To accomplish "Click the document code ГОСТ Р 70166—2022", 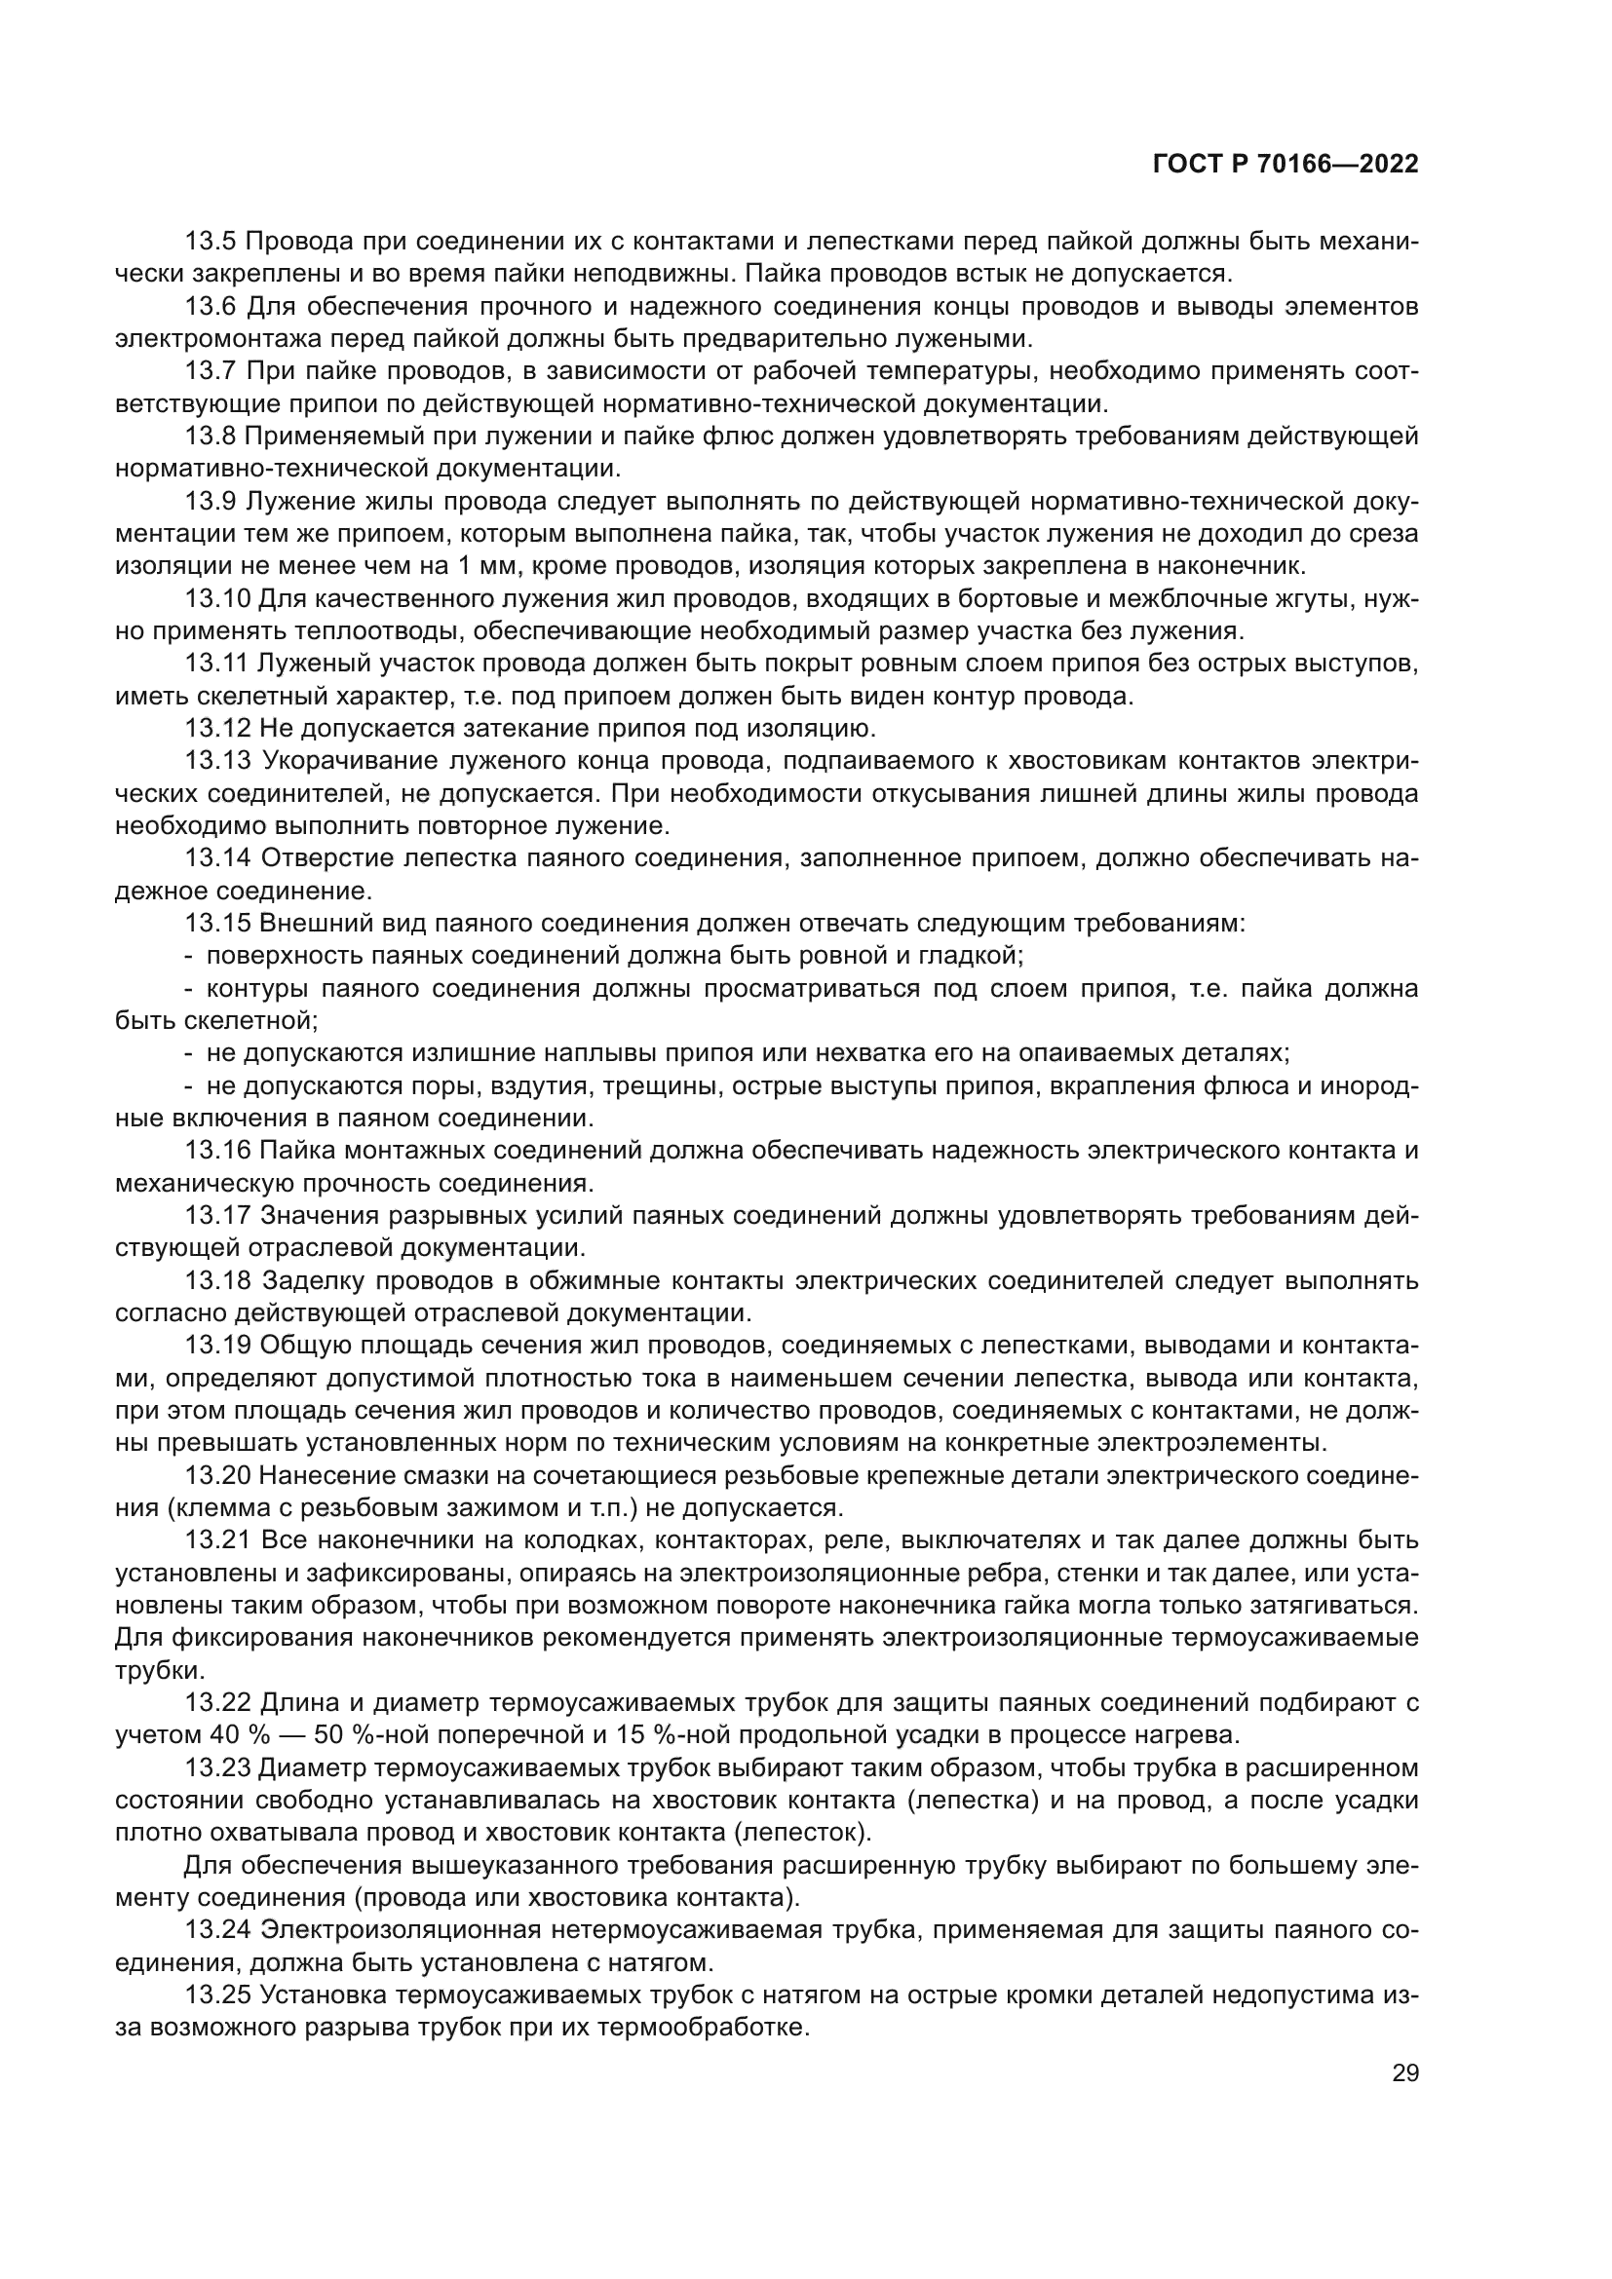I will pos(1285,165).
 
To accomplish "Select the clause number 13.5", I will pos(211,243).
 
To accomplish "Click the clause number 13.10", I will pos(218,599).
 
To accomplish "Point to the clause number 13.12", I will pos(218,729).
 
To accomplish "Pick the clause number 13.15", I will pos(218,923).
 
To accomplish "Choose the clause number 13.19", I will pos(218,1345).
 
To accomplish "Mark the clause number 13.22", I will pos(218,1703).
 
